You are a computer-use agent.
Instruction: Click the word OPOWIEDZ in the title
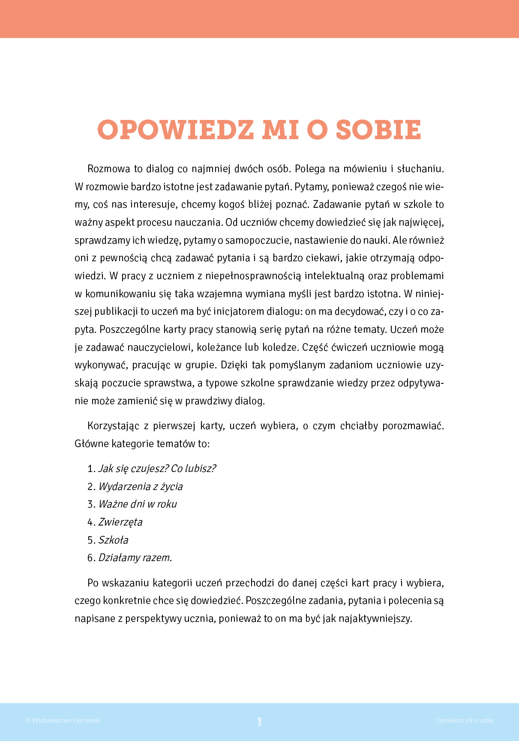pos(176,130)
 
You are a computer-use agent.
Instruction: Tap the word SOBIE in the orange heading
pos(378,130)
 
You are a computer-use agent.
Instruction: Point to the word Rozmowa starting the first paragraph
pos(108,169)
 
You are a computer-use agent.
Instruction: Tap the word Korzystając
pos(113,426)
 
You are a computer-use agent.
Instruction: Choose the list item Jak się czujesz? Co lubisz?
pos(157,469)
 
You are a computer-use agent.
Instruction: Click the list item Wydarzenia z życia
pos(141,487)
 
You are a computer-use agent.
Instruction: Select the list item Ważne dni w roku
pos(138,504)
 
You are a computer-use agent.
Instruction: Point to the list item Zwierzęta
pos(120,522)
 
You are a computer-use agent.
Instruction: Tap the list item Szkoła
pos(114,540)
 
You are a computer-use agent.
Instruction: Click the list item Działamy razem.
pos(135,558)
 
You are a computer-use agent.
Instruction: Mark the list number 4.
pos(90,522)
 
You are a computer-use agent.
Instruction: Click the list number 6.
pos(90,558)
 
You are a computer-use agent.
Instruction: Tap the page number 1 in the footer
pos(259,722)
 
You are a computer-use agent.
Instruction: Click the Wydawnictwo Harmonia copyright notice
pos(63,720)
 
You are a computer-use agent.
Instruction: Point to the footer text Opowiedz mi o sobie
pos(465,720)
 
